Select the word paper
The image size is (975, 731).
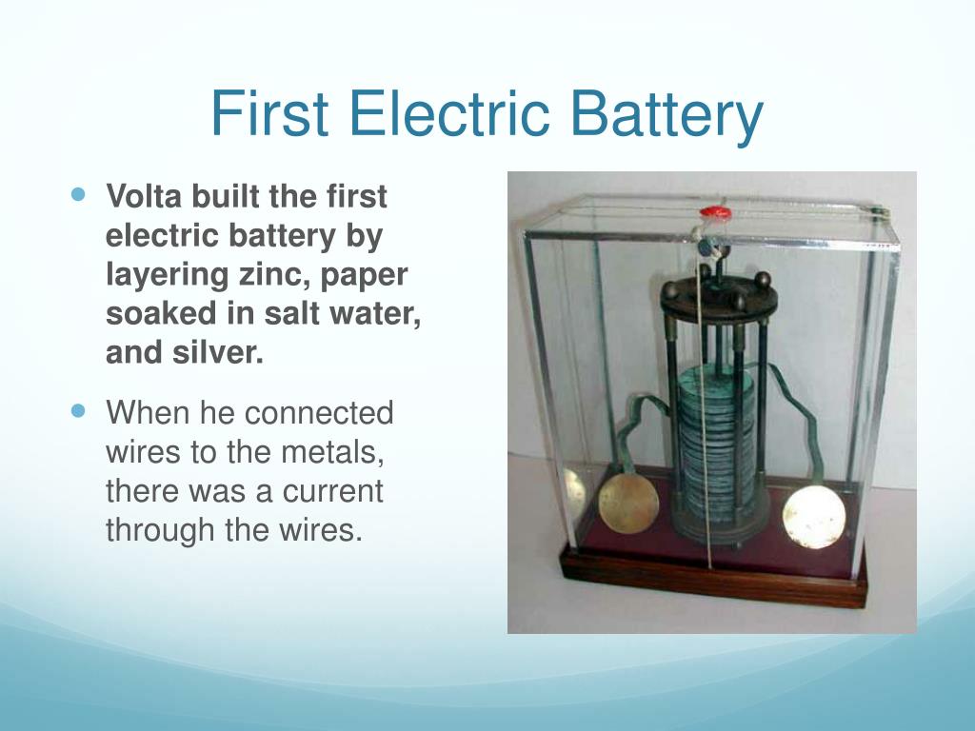[x=364, y=275]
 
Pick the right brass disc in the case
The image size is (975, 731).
[x=814, y=517]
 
